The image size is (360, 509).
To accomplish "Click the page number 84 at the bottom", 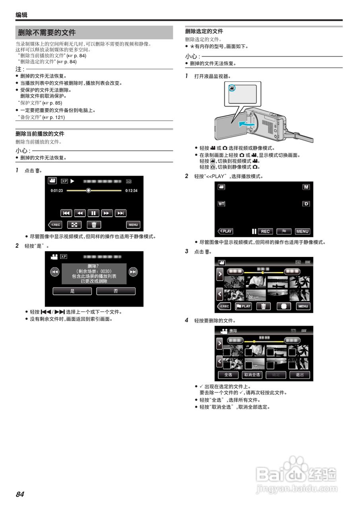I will tap(20, 494).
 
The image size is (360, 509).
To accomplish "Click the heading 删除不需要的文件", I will tap(47, 33).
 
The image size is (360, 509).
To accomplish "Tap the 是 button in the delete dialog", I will tap(72, 291).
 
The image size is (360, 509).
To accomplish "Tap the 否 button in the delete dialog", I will tap(116, 291).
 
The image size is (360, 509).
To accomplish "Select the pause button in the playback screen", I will tap(93, 213).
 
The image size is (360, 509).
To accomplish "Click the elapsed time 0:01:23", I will tap(57, 191).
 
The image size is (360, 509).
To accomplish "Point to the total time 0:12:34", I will tap(131, 191).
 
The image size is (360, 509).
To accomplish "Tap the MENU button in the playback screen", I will tap(133, 225).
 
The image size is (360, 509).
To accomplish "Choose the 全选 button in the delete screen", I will tap(228, 375).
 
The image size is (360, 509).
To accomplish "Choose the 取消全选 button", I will tap(252, 375).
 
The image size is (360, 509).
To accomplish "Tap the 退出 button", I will tap(300, 375).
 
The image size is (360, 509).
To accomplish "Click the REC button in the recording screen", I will tap(265, 231).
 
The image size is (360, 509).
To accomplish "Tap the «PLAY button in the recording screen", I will tap(225, 231).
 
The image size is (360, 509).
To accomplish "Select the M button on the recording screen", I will tap(306, 187).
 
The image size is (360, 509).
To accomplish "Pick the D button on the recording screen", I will tap(306, 204).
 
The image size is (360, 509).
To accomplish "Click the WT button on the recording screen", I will tap(221, 204).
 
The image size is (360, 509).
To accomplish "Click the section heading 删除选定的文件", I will tap(204, 31).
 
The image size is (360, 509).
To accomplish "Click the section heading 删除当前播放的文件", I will tap(40, 134).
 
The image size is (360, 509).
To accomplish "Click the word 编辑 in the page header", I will tap(21, 15).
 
